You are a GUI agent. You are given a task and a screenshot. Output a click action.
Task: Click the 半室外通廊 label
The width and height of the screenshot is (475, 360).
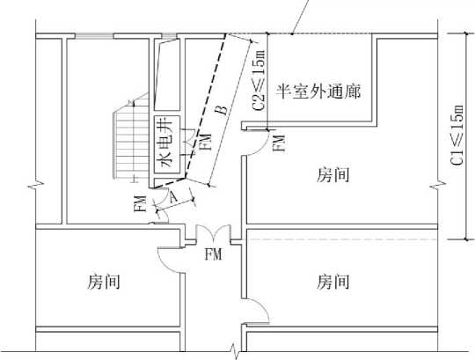coord(318,92)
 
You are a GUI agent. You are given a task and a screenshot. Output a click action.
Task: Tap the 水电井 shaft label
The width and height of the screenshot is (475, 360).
coord(166,144)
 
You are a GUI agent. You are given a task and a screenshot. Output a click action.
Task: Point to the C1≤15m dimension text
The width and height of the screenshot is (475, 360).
coord(457,136)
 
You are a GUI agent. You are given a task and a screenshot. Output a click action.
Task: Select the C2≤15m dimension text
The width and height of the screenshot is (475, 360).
coord(259,80)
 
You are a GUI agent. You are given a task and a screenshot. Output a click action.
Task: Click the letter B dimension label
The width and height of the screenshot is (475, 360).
coord(223,110)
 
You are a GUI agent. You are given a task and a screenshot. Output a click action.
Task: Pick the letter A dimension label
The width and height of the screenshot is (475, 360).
coord(173,197)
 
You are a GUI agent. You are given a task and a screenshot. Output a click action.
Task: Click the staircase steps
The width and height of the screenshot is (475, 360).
coord(131,138)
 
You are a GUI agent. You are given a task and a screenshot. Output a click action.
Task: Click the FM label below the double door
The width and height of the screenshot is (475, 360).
coord(213,254)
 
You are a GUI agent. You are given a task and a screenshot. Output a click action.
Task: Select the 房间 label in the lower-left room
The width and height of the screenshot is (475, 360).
coord(104,281)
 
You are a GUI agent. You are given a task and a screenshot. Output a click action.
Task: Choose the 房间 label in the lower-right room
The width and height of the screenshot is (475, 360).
coord(332,281)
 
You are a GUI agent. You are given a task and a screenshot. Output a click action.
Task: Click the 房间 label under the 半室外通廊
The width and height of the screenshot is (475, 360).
coord(332,175)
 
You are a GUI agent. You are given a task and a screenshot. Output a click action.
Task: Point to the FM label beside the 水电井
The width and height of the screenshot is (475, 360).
coord(206,142)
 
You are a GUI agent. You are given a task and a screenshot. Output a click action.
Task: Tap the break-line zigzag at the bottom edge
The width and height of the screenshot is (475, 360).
coord(236,351)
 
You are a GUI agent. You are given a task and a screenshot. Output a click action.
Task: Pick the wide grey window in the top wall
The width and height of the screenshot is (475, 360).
coord(94,36)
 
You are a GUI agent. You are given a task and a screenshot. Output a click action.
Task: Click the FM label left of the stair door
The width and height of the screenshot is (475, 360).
coord(140,203)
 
